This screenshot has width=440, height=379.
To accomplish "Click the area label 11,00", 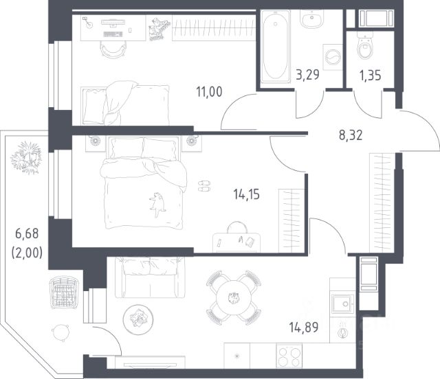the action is [209, 92].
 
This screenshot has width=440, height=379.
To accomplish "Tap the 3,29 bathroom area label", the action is [307, 75].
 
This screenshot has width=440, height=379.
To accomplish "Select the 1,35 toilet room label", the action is [370, 76].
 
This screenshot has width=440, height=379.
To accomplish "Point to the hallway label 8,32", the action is [351, 135].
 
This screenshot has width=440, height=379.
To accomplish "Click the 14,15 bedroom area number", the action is [246, 194].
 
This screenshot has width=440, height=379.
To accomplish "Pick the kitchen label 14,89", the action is [304, 327].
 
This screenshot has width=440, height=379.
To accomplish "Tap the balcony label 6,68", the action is [27, 233].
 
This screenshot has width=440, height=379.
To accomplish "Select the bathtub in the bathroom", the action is [275, 46].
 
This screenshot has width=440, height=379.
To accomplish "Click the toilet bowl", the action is [365, 45].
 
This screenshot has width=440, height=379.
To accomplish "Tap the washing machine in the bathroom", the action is [333, 57].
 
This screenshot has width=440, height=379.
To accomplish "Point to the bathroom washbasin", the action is [311, 19].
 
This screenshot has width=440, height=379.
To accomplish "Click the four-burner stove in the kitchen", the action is [289, 355].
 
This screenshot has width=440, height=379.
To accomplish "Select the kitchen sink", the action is [342, 303].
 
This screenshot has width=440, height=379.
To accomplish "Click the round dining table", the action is [234, 298].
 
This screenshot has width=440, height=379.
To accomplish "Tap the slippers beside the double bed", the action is [204, 186].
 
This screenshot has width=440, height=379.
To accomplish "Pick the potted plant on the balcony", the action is [27, 157].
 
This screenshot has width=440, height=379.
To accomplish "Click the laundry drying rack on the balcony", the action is [64, 292].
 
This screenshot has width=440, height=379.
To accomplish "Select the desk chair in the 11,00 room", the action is [113, 49].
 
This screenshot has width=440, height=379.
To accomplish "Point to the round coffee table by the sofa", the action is [138, 319].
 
